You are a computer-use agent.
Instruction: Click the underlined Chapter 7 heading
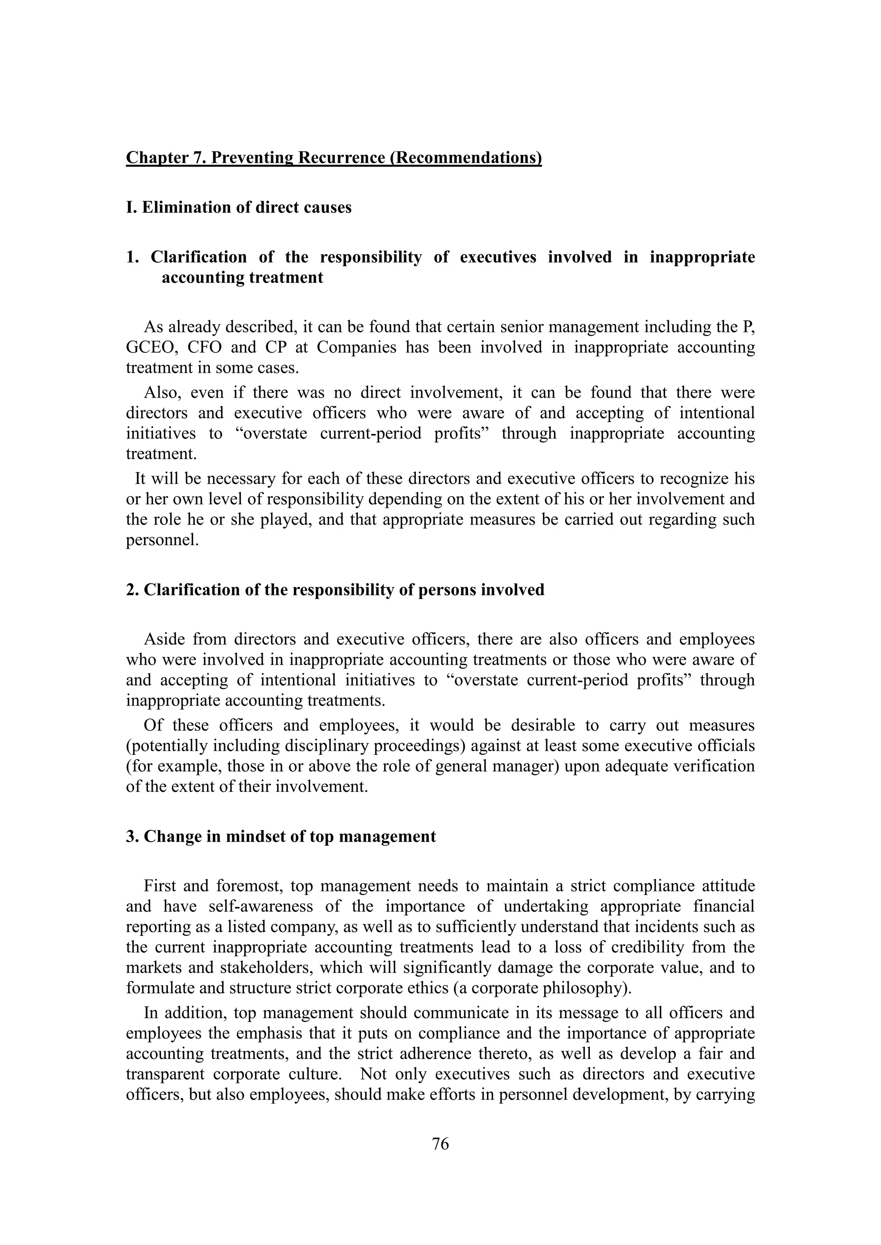[334, 158]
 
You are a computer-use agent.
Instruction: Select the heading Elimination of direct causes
[239, 208]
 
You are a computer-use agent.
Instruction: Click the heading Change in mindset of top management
[280, 837]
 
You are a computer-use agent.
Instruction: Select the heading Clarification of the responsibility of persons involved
[335, 590]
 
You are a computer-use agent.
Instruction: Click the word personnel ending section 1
[160, 541]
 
